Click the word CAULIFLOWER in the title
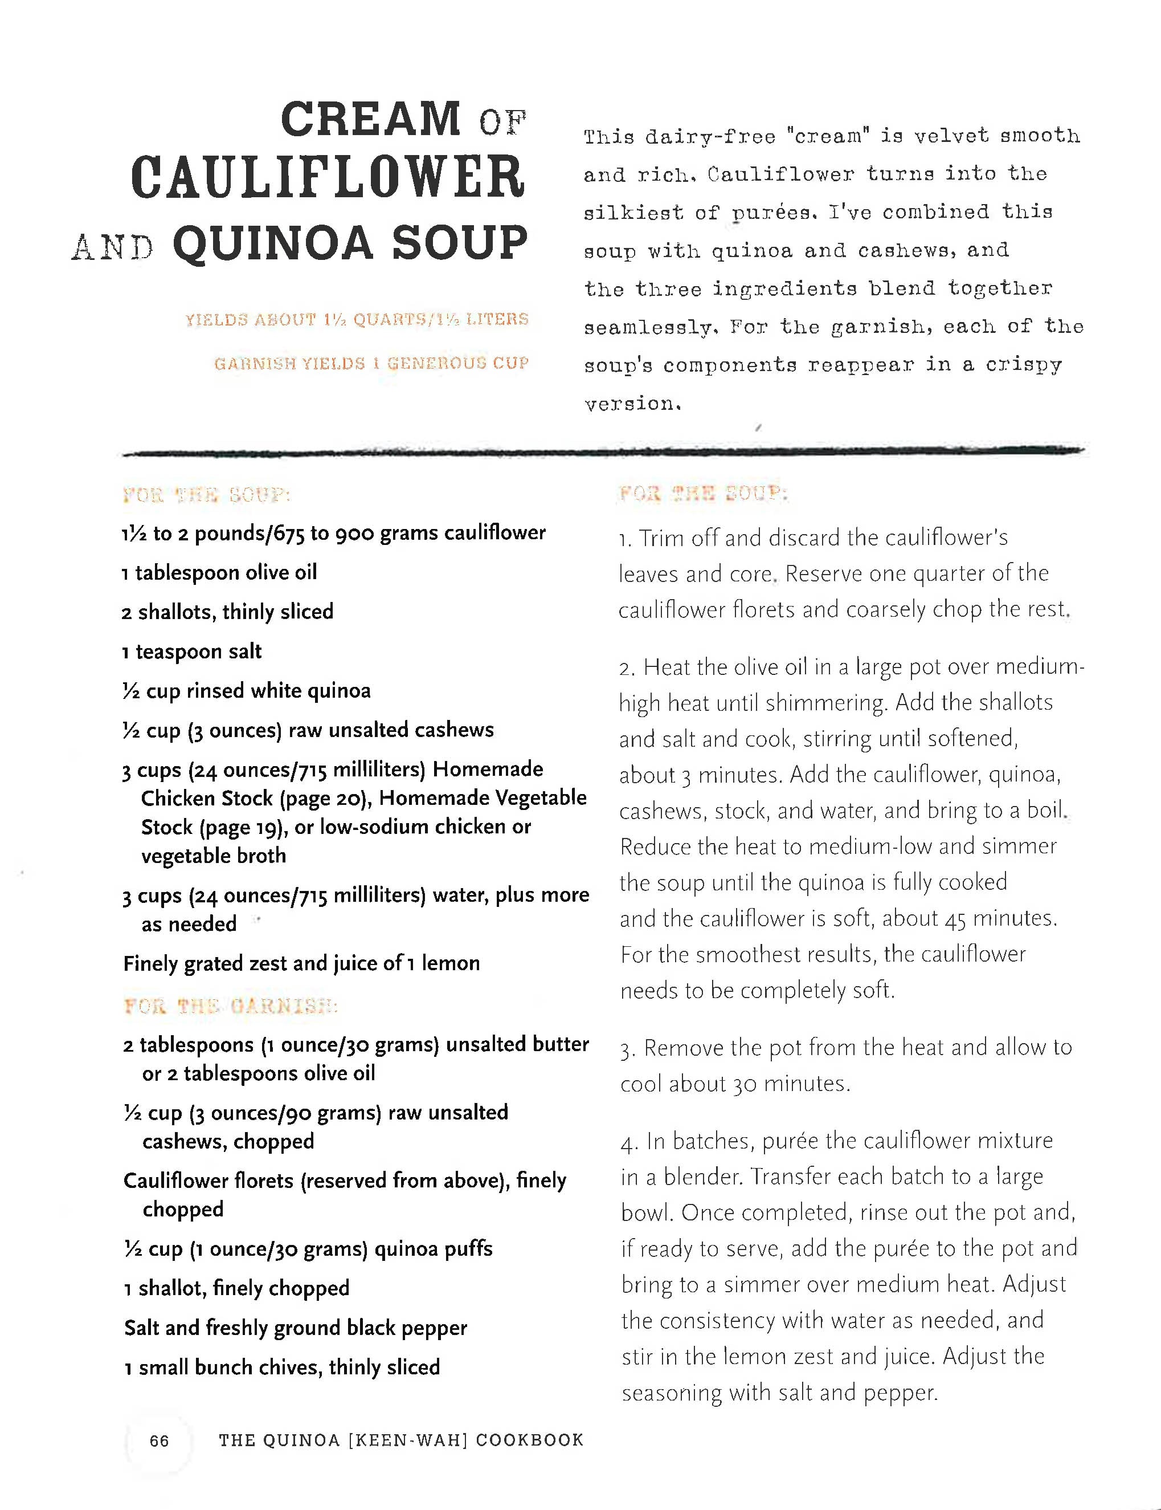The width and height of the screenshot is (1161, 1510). pyautogui.click(x=328, y=178)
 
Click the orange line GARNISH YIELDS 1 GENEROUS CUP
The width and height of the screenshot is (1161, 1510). pyautogui.click(x=371, y=364)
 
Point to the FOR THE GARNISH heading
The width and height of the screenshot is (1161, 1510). pyautogui.click(x=230, y=1006)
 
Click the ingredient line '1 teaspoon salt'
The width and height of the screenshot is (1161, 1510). pyautogui.click(x=192, y=652)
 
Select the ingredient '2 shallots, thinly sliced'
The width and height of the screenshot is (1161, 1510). pyautogui.click(x=227, y=612)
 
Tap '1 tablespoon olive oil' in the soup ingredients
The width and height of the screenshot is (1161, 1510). pyautogui.click(x=219, y=572)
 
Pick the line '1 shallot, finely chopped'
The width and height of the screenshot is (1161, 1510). pyautogui.click(x=236, y=1288)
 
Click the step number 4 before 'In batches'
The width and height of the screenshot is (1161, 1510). pyautogui.click(x=627, y=1143)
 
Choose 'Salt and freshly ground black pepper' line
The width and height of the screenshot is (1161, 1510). pyautogui.click(x=295, y=1328)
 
